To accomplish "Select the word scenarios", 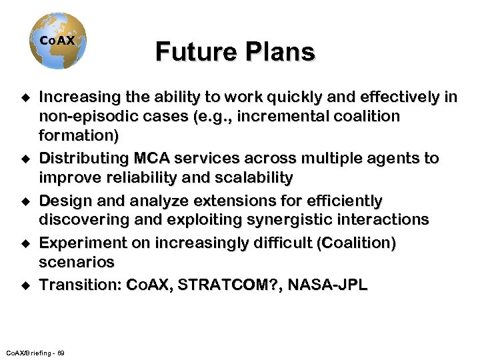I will coord(77,263).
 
